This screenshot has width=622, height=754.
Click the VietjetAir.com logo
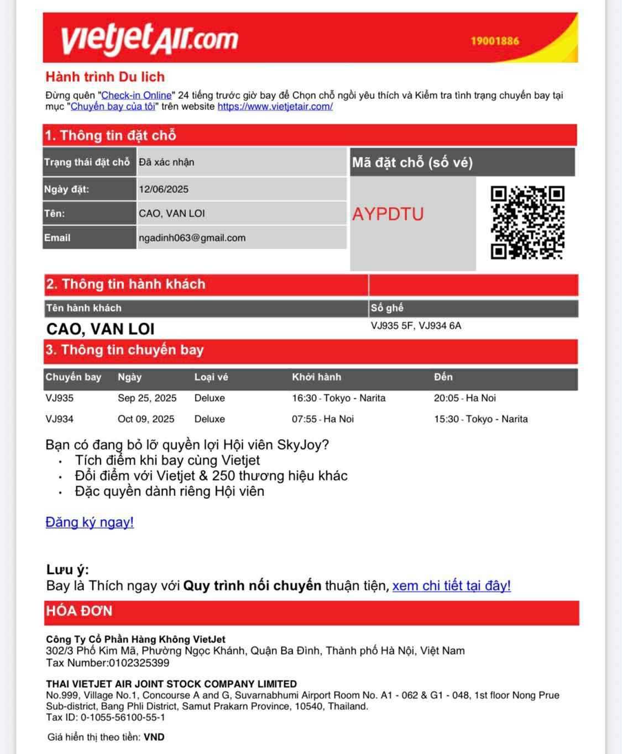point(149,38)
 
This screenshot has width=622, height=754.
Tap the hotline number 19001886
point(495,41)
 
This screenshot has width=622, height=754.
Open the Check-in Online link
point(137,95)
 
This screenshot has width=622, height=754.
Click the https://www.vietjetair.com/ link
point(275,107)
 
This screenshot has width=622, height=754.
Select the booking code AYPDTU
point(388,214)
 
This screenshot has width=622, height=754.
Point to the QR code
point(527,223)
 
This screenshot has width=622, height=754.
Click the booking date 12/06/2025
point(164,189)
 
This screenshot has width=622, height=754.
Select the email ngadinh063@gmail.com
point(192,238)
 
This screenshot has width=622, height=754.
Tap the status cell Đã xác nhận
point(166,162)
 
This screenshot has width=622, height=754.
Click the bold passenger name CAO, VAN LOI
point(101,329)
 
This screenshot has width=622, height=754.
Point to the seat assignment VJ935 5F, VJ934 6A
point(416,326)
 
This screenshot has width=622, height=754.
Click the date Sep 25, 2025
point(147,398)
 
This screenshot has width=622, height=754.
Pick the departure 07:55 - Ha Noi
point(323,419)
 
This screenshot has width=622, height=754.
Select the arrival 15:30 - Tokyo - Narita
point(480,419)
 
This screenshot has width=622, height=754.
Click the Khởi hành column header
point(317,377)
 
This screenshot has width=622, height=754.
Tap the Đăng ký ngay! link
point(90,522)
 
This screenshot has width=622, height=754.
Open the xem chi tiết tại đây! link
point(451,586)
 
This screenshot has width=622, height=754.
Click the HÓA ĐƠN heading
point(79,611)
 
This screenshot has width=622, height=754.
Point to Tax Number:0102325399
point(108,662)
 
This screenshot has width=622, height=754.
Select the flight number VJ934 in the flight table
point(60,419)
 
